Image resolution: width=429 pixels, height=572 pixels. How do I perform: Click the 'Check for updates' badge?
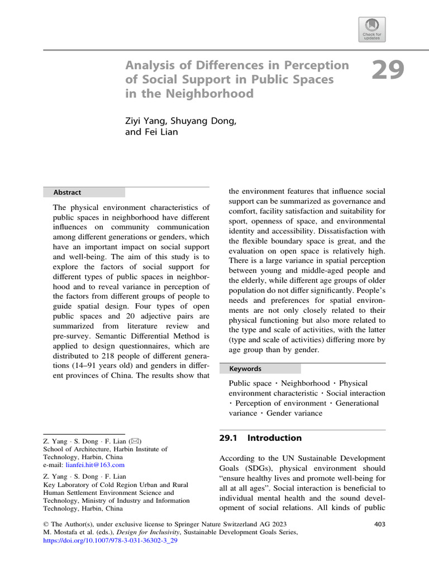[x=373, y=28]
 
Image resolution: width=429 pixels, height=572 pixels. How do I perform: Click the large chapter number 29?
[x=388, y=71]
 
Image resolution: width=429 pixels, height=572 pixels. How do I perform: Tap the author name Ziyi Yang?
[x=146, y=121]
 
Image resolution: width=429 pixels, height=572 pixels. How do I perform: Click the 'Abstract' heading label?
[x=67, y=193]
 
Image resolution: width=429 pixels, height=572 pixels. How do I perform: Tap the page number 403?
[x=378, y=525]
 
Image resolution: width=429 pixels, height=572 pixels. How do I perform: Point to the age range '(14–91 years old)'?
[x=107, y=367]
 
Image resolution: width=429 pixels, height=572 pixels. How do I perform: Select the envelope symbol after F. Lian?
[x=143, y=441]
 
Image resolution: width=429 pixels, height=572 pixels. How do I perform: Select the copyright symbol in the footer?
[x=46, y=525]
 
